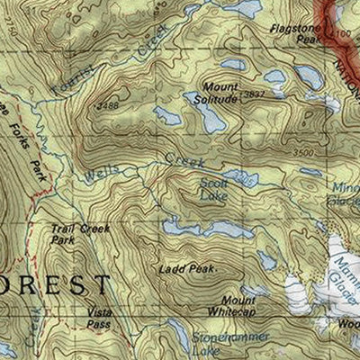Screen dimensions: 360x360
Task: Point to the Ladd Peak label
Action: tap(184, 268)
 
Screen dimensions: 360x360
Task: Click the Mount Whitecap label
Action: tap(238, 305)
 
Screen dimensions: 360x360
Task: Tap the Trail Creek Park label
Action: tap(74, 235)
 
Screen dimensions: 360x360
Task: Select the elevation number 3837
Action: tap(254, 93)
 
